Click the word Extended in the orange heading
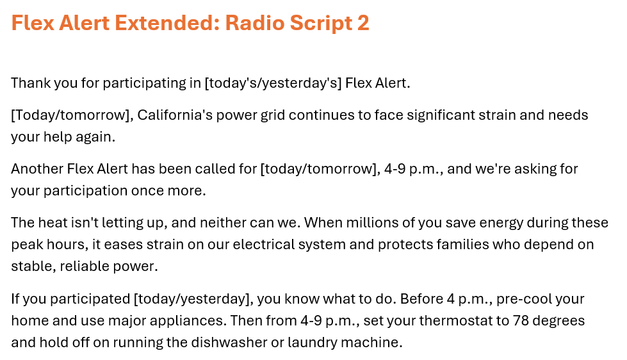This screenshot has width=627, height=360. pyautogui.click(x=167, y=23)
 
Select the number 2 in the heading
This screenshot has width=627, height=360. pyautogui.click(x=363, y=23)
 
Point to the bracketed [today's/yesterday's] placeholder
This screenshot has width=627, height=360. pyautogui.click(x=273, y=83)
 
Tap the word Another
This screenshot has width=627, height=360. pyautogui.click(x=37, y=169)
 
